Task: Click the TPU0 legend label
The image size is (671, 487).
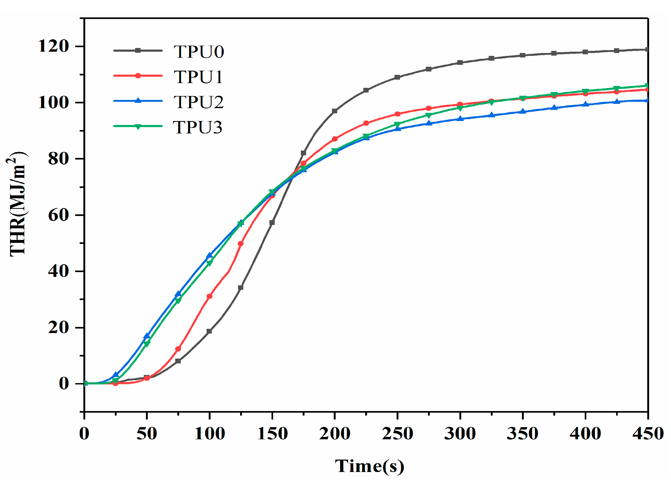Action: [198, 52]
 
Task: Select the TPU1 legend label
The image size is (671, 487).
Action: [198, 77]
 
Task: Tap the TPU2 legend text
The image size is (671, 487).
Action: [198, 102]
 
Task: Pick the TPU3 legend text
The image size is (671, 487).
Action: [197, 127]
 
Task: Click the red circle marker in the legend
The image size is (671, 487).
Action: [138, 76]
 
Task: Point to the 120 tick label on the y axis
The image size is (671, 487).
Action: [54, 46]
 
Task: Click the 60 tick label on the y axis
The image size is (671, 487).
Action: [59, 215]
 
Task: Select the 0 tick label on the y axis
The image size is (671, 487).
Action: [64, 384]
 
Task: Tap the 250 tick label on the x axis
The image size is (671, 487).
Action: [397, 434]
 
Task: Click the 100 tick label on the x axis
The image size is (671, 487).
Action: [210, 434]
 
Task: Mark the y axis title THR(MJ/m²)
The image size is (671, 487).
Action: [17, 204]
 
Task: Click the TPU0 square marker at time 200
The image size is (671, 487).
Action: [335, 111]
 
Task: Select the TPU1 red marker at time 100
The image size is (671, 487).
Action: [210, 296]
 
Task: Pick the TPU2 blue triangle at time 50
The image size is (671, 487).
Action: [147, 336]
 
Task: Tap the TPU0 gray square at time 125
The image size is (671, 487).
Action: [241, 287]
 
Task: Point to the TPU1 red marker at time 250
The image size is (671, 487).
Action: [397, 114]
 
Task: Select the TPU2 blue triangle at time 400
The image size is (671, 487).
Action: [585, 104]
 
